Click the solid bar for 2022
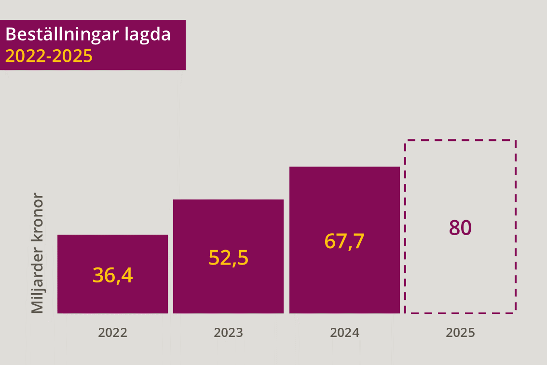[113, 274]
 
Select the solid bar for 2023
[229, 256]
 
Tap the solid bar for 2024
[345, 240]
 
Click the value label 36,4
[113, 275]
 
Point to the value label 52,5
[229, 258]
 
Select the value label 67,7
[345, 241]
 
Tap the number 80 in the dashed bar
[460, 228]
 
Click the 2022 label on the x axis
[113, 333]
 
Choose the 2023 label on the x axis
[229, 333]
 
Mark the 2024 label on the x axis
[345, 333]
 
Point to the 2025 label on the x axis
[461, 333]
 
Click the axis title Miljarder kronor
[37, 253]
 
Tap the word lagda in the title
[148, 35]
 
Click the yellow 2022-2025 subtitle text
[49, 56]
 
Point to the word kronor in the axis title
[37, 217]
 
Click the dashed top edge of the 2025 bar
[461, 140]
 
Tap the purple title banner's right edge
[185, 45]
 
